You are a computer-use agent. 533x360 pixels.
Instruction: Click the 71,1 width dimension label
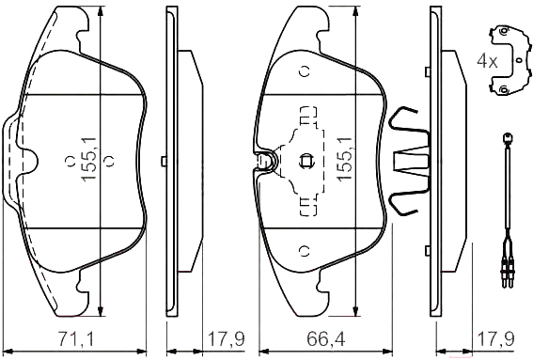75,339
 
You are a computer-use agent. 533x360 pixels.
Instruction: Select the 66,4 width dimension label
326,339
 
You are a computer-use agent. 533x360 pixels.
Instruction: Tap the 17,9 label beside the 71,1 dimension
226,339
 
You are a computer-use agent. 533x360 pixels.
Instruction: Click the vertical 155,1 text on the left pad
89,159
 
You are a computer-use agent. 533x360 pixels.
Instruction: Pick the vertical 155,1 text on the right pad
345,159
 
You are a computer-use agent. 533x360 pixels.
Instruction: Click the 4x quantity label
487,61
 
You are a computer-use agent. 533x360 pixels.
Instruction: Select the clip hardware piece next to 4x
509,60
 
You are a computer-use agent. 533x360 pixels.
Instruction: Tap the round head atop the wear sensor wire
508,138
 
